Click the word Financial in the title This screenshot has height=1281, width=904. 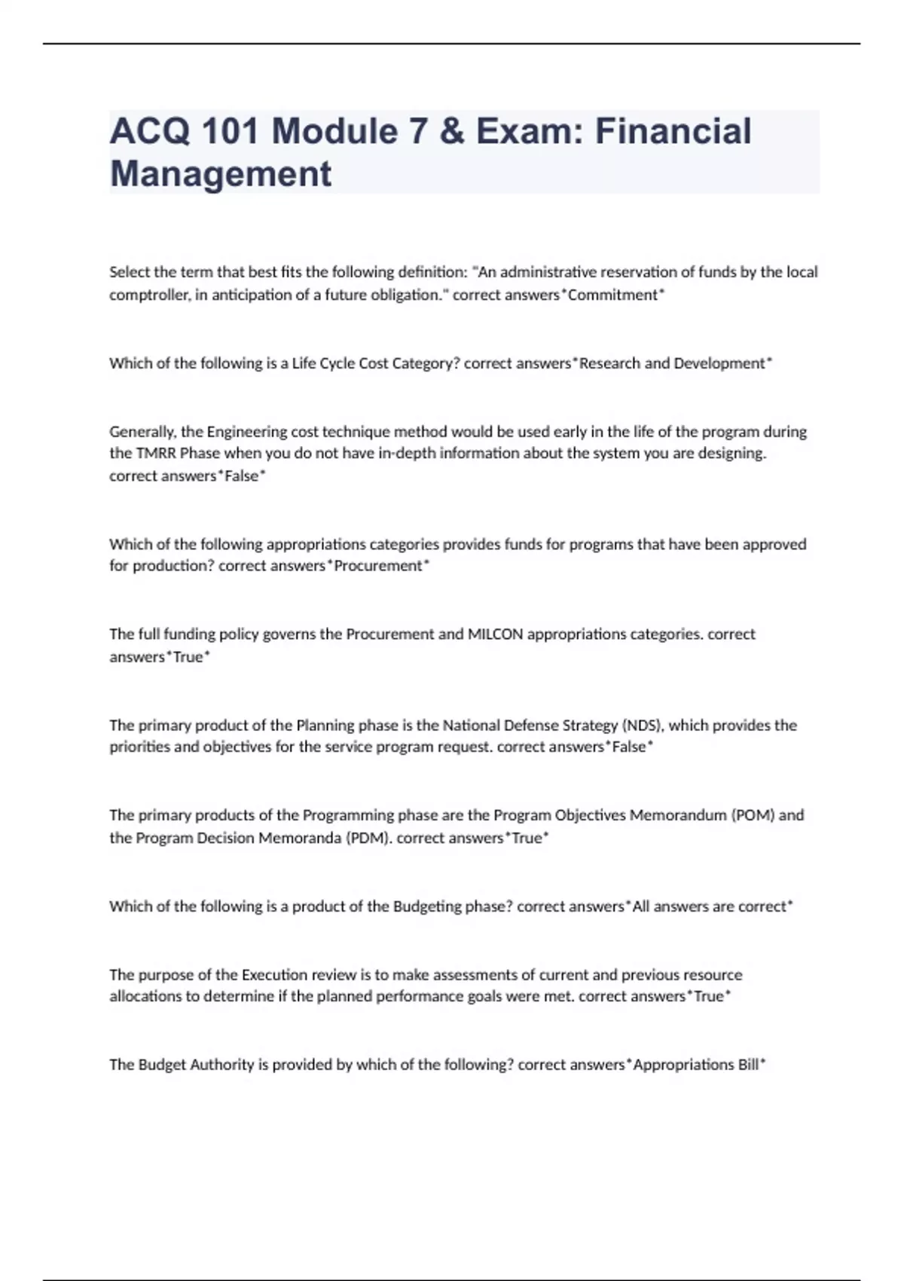673,131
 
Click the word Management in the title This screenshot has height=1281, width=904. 221,173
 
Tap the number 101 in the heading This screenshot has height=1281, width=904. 230,131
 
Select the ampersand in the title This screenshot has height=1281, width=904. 450,131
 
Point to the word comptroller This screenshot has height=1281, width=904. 148,295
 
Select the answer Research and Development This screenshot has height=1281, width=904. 671,363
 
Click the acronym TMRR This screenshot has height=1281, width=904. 155,453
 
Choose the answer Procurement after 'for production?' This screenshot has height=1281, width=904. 378,566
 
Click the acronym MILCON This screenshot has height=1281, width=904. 495,634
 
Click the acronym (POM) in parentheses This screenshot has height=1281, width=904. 753,815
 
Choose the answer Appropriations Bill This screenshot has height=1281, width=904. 695,1065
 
